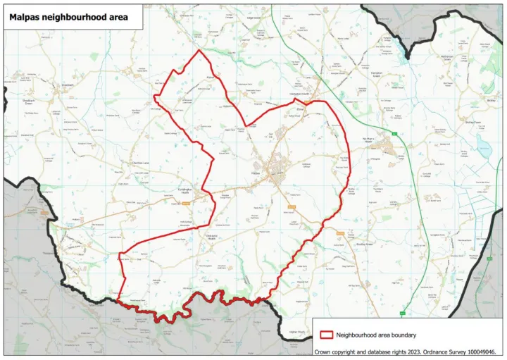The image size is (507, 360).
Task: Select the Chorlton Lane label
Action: (139, 163)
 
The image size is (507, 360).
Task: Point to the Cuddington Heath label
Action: (181, 192)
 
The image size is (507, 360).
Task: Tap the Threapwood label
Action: (50, 252)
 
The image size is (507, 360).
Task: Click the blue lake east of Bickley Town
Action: (484, 145)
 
